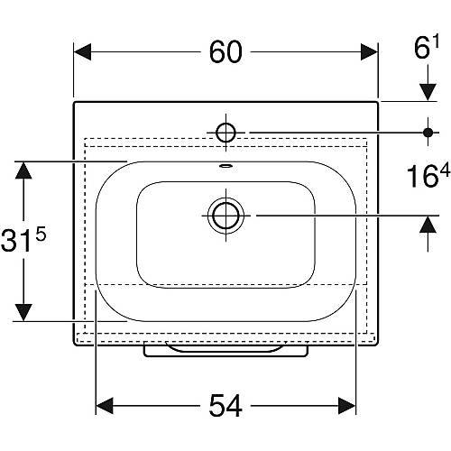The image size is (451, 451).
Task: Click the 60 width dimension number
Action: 225,52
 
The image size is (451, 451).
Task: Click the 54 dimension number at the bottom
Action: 225,406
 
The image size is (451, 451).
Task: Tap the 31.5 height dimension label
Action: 23,239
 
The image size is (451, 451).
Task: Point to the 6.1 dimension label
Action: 427,47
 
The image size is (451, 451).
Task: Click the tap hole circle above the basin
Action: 225,133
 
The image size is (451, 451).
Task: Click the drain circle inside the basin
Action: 225,216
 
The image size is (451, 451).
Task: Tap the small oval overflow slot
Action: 225,165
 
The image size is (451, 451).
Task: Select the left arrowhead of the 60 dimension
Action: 82,52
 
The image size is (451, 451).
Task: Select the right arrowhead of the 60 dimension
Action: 369,52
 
